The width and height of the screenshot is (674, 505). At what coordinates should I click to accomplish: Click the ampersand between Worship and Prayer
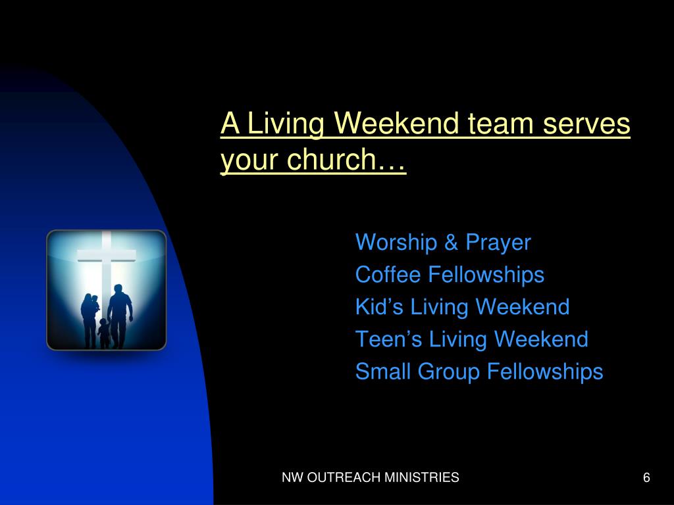click(451, 243)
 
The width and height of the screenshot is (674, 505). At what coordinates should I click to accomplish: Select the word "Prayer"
click(498, 243)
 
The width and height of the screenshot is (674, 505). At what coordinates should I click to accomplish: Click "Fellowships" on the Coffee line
click(486, 274)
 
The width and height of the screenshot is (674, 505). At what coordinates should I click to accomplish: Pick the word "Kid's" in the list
click(379, 306)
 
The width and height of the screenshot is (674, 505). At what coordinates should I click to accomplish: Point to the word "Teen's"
click(389, 339)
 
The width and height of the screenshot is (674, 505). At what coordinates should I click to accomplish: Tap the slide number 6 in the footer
click(646, 478)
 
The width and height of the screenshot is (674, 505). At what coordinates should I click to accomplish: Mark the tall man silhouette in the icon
click(120, 314)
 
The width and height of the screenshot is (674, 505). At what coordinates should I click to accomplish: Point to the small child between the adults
click(103, 333)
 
